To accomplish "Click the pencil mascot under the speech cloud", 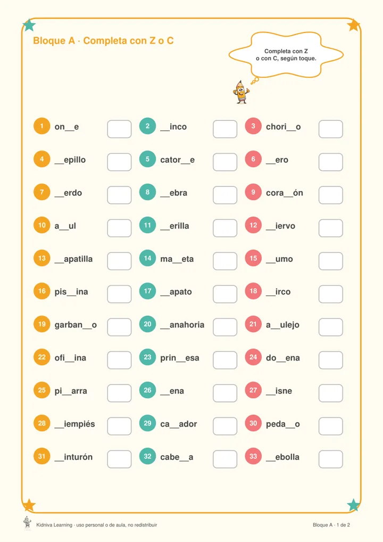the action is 241,92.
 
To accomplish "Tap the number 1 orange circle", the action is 42,126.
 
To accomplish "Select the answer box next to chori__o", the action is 330,129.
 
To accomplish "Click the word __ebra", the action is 174,193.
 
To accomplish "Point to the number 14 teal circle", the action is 147,258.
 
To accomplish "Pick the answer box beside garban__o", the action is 119,327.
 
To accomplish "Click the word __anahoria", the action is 182,325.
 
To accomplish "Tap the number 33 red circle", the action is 253,456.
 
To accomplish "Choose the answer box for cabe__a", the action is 225,459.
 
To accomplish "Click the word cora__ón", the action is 284,193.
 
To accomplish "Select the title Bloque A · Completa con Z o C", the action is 103,41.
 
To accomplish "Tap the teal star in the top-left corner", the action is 29,25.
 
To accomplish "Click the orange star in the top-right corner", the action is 354,25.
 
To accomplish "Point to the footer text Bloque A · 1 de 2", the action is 331,525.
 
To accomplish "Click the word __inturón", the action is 73,457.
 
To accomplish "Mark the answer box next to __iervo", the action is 330,228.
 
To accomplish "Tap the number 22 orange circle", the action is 42,357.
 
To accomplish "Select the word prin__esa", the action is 180,358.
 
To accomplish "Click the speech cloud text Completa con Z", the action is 286,51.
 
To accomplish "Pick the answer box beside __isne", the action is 330,393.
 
